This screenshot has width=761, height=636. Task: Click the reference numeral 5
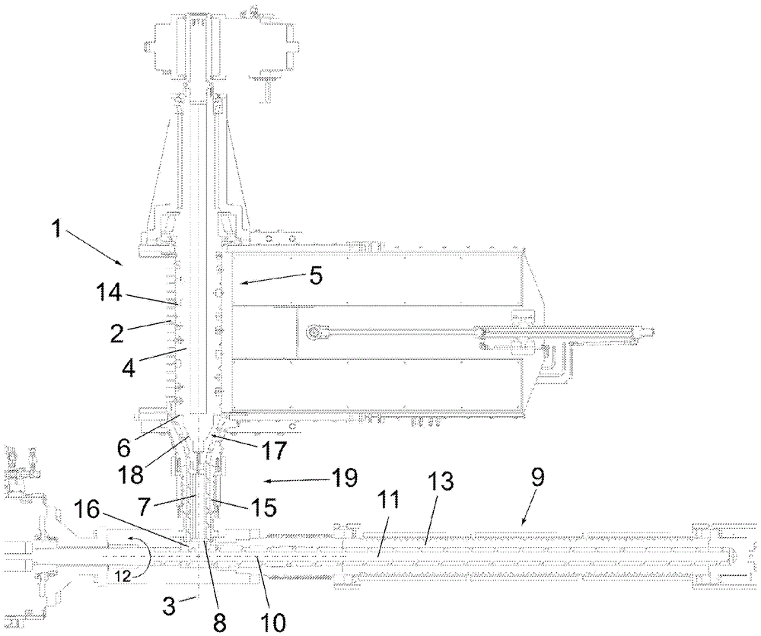tap(314, 275)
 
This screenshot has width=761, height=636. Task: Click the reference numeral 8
tap(219, 622)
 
